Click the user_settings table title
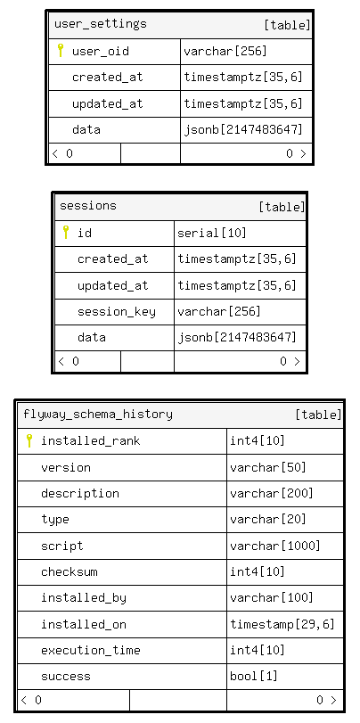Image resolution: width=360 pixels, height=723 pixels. [x=101, y=23]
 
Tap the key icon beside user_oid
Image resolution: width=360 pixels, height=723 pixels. [x=60, y=50]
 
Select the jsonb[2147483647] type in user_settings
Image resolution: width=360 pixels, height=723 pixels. [x=243, y=129]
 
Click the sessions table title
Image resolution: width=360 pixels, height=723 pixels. [x=88, y=205]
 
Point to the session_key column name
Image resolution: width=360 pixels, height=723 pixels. [x=117, y=312]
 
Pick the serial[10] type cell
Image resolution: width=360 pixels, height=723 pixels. [x=212, y=233]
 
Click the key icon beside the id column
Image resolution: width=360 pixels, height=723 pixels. [x=66, y=232]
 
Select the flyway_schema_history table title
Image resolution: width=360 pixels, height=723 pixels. [x=98, y=414]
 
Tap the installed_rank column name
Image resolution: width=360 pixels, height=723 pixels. [x=91, y=440]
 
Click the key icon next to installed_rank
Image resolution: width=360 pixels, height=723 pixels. [x=29, y=440]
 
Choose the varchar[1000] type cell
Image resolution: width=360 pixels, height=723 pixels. [x=275, y=546]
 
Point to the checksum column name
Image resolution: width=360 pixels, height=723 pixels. [x=70, y=571]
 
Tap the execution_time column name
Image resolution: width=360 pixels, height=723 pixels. [x=91, y=651]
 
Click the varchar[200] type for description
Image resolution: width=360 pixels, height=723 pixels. [x=272, y=493]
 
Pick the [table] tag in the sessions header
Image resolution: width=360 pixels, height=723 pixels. [x=282, y=207]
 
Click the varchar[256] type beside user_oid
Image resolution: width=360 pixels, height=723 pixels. [x=225, y=51]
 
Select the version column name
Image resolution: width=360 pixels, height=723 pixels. [x=66, y=467]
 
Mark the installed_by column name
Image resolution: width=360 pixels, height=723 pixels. [x=84, y=598]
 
